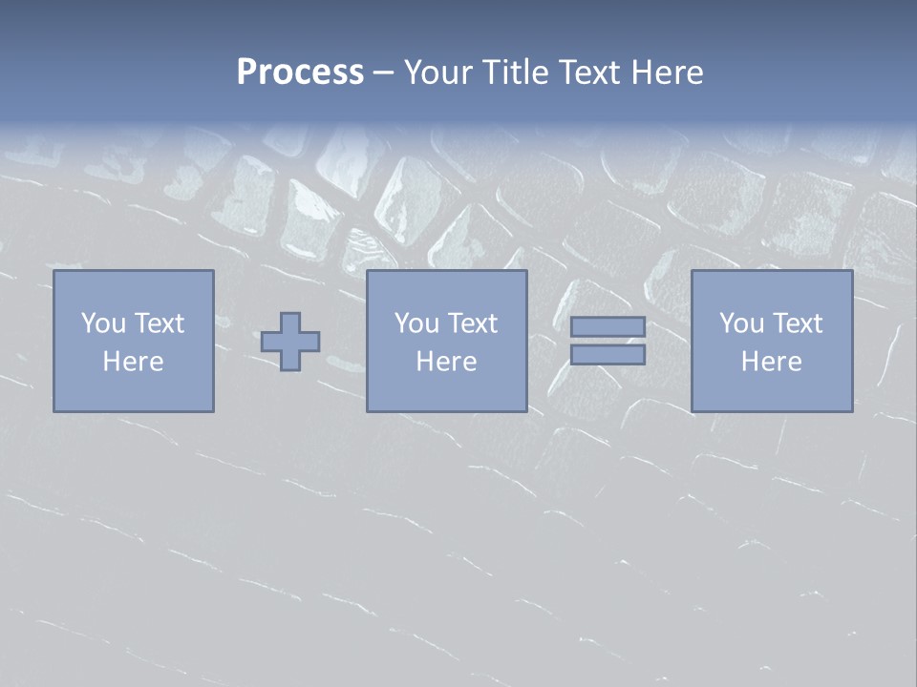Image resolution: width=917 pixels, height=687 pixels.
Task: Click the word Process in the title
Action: point(300,73)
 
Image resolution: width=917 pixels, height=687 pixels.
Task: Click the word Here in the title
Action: point(667,73)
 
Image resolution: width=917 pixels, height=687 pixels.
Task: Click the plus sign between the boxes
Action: point(290,342)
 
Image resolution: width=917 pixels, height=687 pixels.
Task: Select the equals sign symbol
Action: point(608,341)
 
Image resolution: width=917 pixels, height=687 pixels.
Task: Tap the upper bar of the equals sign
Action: point(608,327)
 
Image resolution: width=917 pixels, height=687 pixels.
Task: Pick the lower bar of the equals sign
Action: point(608,354)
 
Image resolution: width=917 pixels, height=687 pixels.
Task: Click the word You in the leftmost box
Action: point(103,323)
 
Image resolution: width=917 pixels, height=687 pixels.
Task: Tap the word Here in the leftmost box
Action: point(134,362)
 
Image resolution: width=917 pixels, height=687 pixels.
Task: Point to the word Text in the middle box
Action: point(472,323)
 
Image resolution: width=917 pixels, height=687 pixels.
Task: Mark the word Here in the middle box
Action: point(447,362)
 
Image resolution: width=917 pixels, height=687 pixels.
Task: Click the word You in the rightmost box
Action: point(741,323)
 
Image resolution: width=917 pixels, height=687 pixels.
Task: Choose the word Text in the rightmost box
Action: point(797,323)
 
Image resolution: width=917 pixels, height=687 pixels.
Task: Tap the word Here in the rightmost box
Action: point(772,362)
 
